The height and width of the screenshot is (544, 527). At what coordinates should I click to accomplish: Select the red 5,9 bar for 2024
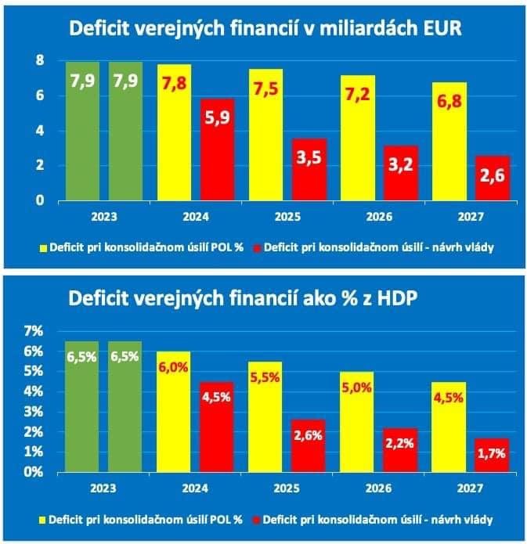point(217,150)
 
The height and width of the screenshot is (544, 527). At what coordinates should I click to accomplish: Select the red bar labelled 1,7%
point(492,455)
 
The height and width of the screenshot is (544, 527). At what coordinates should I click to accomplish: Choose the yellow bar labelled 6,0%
point(173,412)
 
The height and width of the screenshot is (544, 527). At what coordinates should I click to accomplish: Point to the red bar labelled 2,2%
point(400,450)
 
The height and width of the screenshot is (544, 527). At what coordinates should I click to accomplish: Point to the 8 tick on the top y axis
point(39,60)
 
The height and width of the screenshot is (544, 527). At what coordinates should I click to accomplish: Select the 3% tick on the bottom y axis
point(34,412)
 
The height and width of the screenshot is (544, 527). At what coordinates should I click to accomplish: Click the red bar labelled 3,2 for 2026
point(400,173)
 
